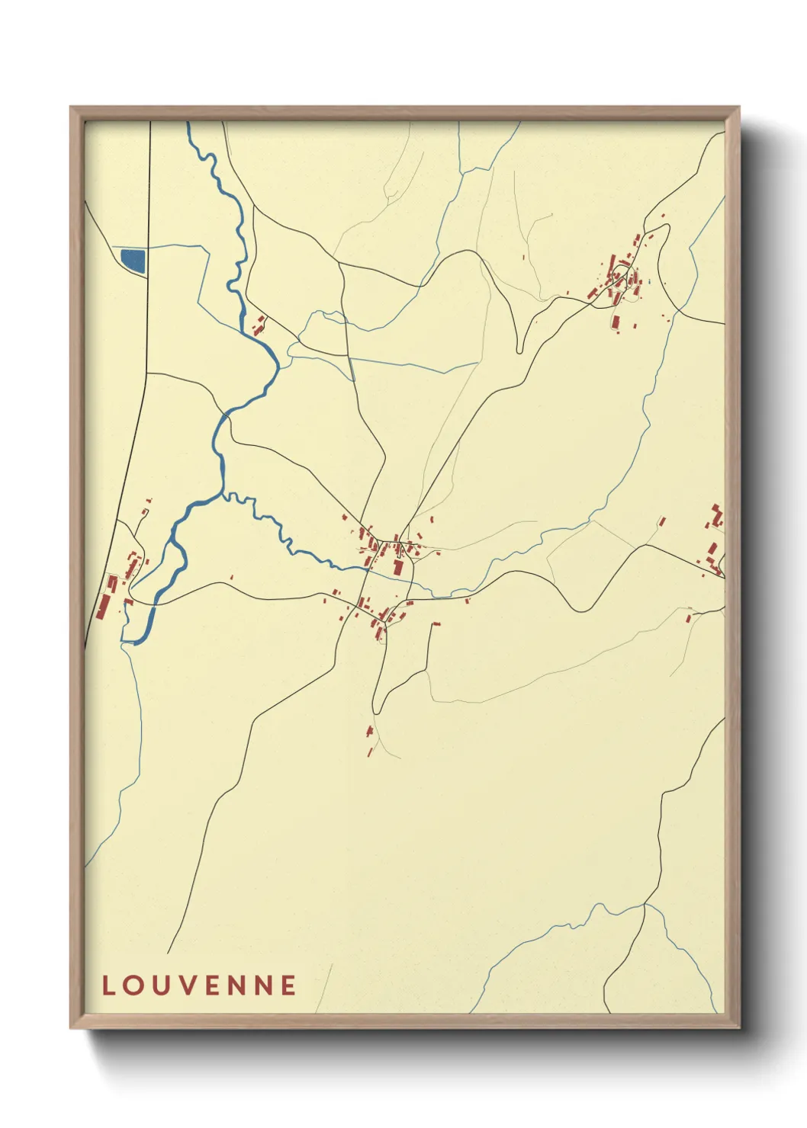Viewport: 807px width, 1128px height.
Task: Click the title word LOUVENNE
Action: pos(199,985)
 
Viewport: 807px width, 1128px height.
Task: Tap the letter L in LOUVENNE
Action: pos(108,985)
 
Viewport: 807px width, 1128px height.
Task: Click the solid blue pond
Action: pos(133,259)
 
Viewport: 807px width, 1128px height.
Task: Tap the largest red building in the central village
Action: pos(397,568)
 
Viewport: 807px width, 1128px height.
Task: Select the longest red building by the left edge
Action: pos(104,604)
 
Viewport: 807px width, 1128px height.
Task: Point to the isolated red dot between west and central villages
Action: pos(231,578)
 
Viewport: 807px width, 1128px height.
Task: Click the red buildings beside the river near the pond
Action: pos(259,325)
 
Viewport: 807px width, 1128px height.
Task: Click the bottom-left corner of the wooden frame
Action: pos(72,1027)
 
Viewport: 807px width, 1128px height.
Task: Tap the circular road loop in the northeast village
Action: pos(629,277)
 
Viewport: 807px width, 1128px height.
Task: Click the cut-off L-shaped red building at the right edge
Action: pos(717,514)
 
